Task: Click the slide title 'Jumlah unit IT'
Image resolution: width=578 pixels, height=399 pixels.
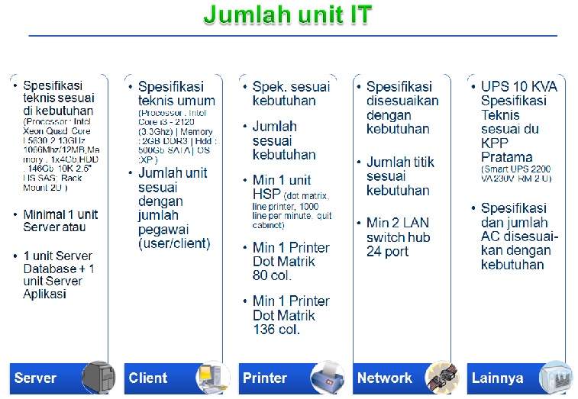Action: (288, 15)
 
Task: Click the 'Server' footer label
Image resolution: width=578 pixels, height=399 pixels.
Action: (35, 378)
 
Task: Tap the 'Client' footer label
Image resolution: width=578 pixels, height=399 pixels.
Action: (148, 378)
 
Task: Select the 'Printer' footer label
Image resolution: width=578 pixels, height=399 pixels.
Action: (264, 378)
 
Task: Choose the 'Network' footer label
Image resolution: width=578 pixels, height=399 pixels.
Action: (384, 378)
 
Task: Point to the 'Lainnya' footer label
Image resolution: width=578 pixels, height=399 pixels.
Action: (498, 378)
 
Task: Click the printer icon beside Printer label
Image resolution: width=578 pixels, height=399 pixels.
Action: (327, 377)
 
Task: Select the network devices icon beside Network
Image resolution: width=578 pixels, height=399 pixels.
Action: (441, 377)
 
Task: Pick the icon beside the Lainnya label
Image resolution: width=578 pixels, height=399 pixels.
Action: (555, 377)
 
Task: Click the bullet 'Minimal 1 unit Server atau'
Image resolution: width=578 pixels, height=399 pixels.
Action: (60, 220)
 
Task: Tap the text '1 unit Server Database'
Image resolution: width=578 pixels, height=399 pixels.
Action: (57, 262)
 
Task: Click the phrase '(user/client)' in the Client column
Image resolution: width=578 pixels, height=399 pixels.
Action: (174, 243)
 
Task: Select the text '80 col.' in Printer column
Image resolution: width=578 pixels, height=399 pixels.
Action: (273, 276)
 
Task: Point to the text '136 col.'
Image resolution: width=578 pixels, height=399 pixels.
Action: (276, 329)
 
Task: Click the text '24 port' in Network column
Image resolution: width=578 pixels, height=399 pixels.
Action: (387, 252)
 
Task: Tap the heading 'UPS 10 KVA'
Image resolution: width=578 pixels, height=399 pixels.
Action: (518, 86)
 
